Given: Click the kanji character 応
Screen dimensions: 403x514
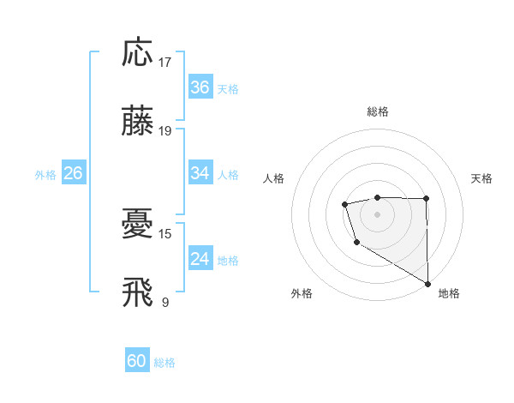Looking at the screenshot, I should (x=138, y=53).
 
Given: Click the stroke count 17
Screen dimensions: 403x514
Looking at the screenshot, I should (x=166, y=62).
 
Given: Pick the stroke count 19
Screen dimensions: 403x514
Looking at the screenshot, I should (x=166, y=131).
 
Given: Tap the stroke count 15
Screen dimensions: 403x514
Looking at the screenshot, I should (x=166, y=233).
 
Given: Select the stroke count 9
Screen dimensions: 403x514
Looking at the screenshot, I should (x=165, y=302).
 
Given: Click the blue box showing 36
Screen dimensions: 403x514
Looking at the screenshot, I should (x=200, y=87).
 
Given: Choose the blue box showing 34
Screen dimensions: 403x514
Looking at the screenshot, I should (x=200, y=173).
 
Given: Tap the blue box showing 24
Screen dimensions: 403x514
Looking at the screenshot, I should (x=200, y=259).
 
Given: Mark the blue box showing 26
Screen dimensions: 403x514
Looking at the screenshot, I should (x=73, y=173).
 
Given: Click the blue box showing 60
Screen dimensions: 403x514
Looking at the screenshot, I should (x=137, y=361).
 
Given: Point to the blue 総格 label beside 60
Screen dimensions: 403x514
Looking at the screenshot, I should (x=165, y=363).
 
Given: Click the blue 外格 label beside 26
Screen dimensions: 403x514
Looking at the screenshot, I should (x=45, y=175).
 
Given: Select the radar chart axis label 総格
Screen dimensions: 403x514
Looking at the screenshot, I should (x=378, y=111).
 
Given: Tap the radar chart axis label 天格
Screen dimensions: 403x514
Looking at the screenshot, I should (x=482, y=178).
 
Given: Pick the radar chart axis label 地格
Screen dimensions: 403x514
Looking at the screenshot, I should (x=449, y=293).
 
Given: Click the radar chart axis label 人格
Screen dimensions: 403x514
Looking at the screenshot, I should (x=274, y=178).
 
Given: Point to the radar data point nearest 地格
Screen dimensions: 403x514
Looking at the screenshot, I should (x=427, y=283).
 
